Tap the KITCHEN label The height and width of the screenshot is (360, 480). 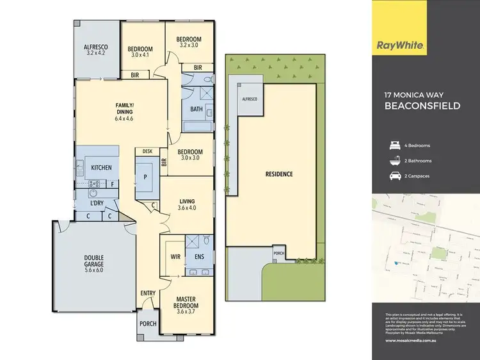pyautogui.click(x=101, y=168)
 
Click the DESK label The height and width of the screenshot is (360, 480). pyautogui.click(x=147, y=152)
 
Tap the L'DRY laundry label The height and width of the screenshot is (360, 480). pyautogui.click(x=97, y=203)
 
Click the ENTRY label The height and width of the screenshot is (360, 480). pyautogui.click(x=148, y=293)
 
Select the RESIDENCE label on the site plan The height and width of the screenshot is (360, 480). pyautogui.click(x=279, y=174)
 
